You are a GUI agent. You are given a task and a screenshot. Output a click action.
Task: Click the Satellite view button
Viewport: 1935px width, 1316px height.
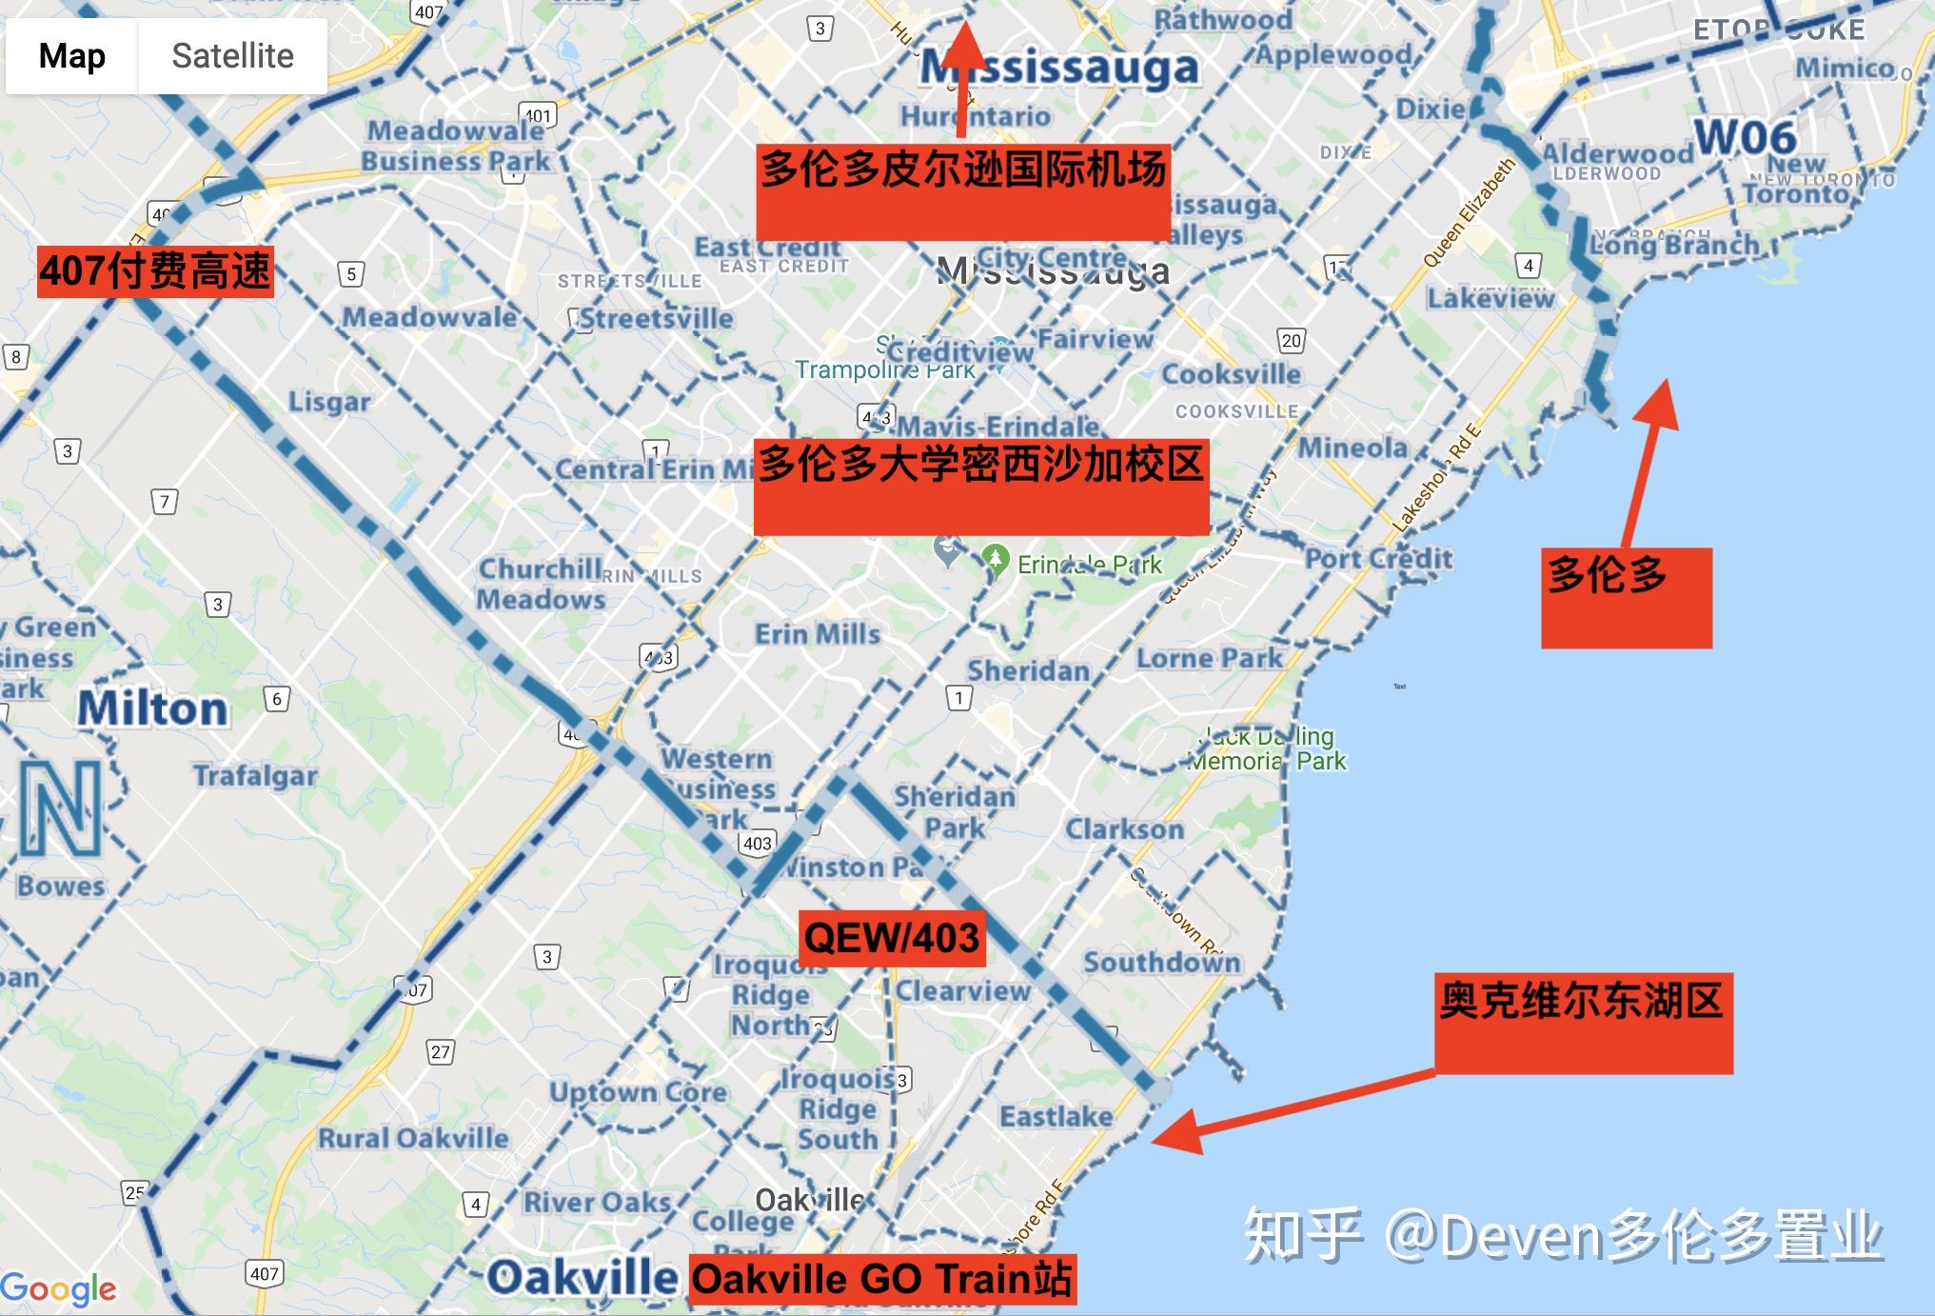(232, 56)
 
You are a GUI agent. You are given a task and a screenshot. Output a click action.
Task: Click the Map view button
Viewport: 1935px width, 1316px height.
(72, 56)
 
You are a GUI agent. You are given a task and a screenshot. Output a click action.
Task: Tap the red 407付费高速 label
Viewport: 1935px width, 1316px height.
(155, 271)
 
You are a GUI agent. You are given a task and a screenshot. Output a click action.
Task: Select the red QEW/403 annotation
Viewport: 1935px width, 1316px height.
(892, 938)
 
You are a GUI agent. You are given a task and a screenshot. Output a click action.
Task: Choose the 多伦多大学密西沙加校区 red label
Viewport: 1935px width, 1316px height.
(981, 486)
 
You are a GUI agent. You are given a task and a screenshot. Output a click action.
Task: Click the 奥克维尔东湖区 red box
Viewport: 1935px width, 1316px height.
(1583, 1023)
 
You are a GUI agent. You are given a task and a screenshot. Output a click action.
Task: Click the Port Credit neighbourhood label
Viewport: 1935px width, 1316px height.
(1378, 559)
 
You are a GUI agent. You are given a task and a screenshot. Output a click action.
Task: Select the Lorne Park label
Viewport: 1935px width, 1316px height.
(1209, 658)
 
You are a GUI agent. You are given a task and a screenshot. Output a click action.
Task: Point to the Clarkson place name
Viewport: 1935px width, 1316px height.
(1124, 829)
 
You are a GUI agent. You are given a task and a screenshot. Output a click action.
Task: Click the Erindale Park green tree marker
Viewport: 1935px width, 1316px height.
(996, 558)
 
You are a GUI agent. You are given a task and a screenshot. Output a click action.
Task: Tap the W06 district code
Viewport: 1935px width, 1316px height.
(1745, 138)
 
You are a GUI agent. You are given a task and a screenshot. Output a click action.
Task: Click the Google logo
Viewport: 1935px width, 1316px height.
(59, 1288)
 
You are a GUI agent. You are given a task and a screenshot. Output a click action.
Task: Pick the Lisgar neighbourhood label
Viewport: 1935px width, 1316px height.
(329, 402)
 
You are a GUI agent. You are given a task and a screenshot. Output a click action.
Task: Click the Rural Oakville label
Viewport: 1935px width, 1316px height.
(413, 1138)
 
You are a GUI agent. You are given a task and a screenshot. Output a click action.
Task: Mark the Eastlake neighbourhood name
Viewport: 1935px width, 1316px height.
(1056, 1116)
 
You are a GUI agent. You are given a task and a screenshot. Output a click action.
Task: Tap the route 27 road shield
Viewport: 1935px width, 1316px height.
(440, 1052)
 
